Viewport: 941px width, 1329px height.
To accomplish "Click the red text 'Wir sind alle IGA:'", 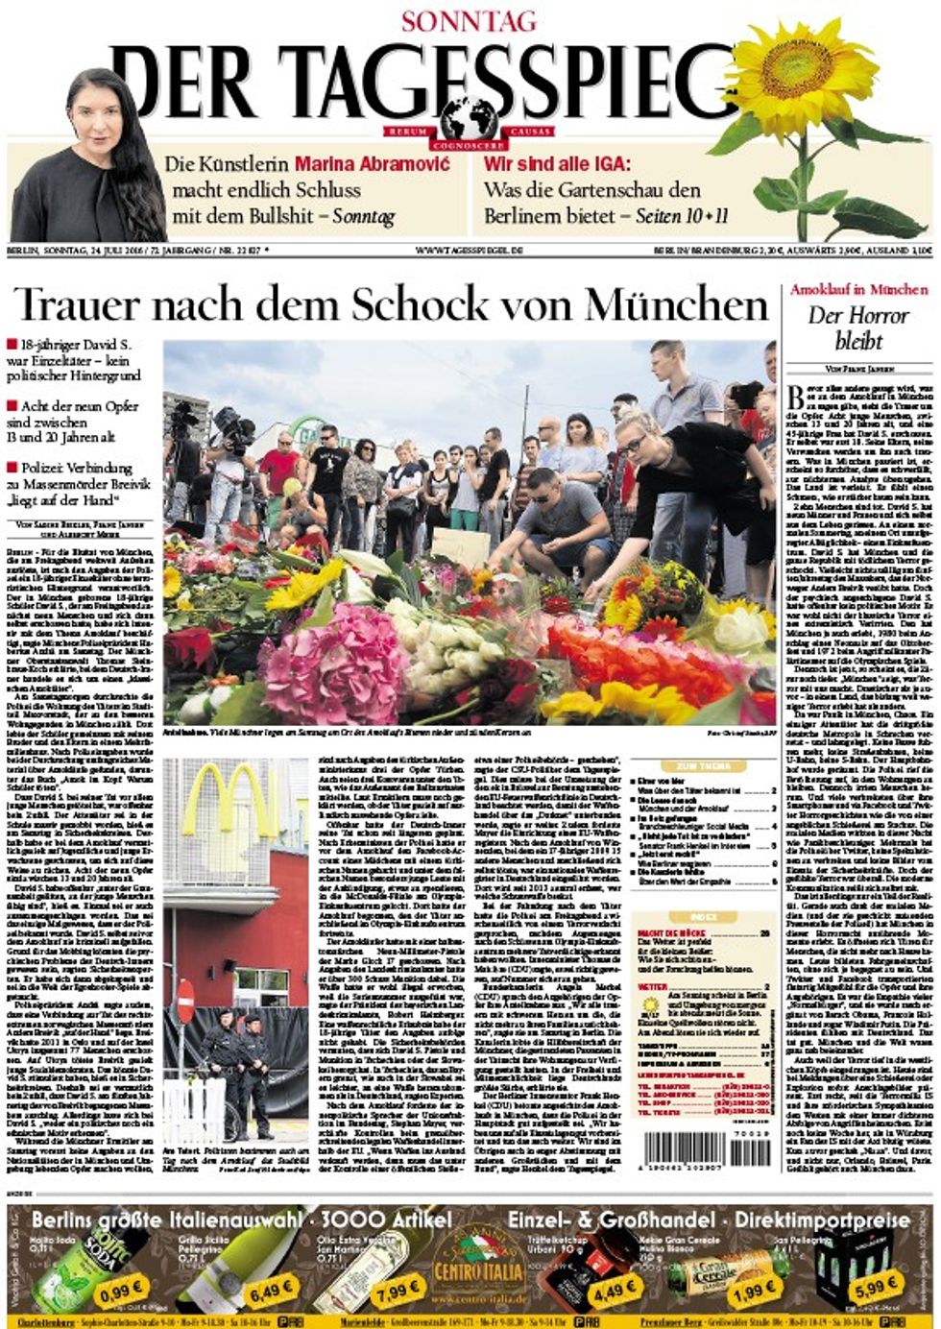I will (557, 164).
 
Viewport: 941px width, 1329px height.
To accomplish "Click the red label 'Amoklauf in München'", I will (858, 289).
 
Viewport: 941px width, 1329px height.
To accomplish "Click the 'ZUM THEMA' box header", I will (703, 766).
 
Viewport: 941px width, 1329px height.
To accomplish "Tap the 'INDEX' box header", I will (703, 917).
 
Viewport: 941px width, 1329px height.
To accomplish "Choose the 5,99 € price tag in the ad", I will (876, 1284).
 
